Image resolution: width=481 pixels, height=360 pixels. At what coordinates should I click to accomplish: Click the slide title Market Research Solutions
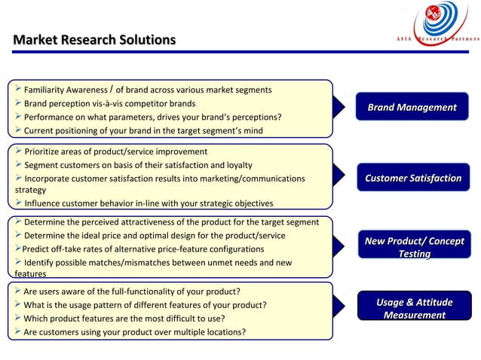coord(94,39)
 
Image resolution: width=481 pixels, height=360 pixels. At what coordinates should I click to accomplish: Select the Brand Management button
coord(412,108)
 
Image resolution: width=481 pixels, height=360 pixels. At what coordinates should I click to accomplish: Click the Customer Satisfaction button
coord(412,178)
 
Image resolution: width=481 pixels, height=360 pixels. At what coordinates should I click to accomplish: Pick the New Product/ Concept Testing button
coord(414,247)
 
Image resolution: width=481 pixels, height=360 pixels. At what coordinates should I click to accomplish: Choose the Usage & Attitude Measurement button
coord(414,309)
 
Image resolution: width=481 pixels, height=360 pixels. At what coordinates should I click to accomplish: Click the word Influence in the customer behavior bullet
coord(45,203)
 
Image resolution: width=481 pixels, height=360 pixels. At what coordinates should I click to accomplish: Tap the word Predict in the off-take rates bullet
coord(38,249)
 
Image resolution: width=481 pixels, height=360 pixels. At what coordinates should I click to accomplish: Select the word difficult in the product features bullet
coord(175,319)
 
